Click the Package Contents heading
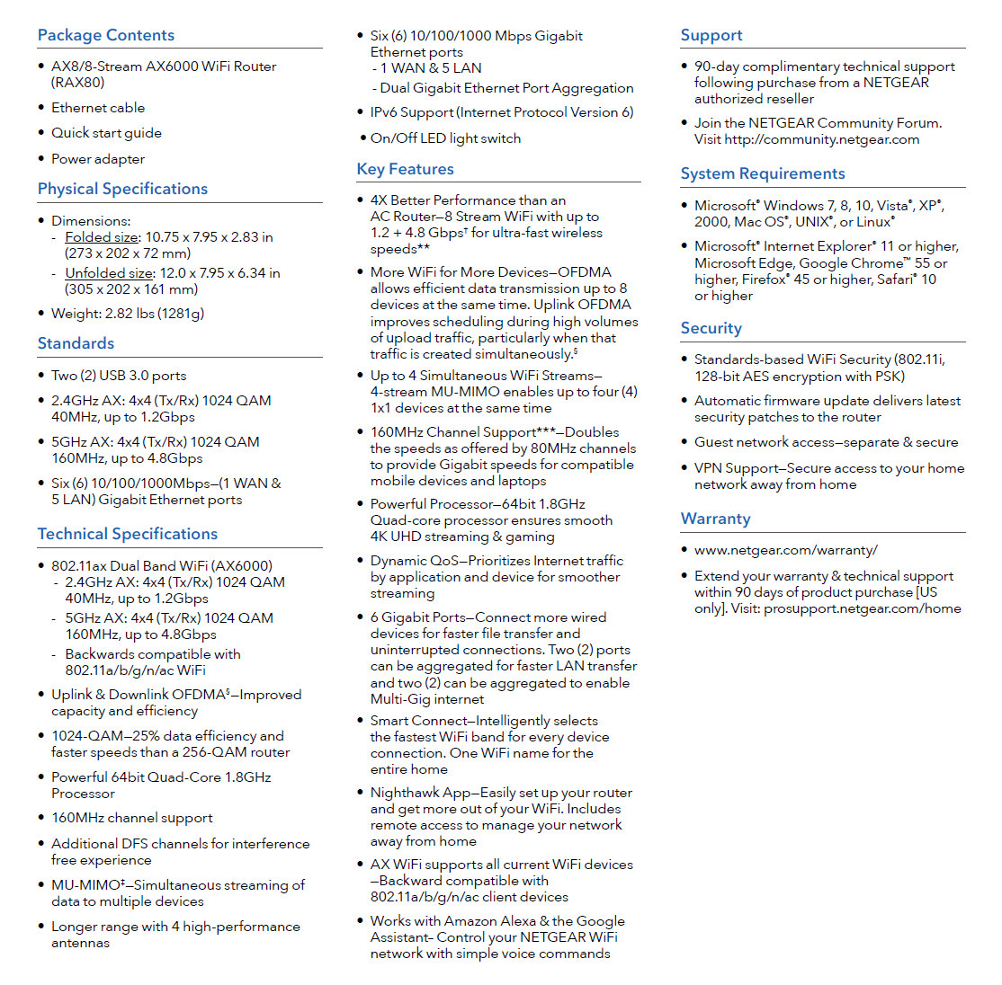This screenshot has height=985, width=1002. pos(106,35)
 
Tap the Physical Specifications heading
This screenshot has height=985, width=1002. pos(122,189)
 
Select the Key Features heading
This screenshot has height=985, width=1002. pos(405,169)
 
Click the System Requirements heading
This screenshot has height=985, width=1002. pos(763,173)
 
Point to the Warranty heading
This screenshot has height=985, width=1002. pos(715,519)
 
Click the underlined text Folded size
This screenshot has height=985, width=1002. pos(102,237)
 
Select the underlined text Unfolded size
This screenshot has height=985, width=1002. pos(109,273)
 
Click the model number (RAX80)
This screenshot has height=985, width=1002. pos(78,83)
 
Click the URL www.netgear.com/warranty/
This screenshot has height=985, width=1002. pos(785,550)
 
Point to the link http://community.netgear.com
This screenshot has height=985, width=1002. pos(821,139)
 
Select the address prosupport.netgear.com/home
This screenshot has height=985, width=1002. pos(862,608)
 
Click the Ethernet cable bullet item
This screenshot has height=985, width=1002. pos(98,108)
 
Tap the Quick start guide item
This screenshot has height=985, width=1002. pos(106,133)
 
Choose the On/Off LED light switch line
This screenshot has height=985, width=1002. pos(445,138)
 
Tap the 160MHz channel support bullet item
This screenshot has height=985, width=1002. pos(132,818)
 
